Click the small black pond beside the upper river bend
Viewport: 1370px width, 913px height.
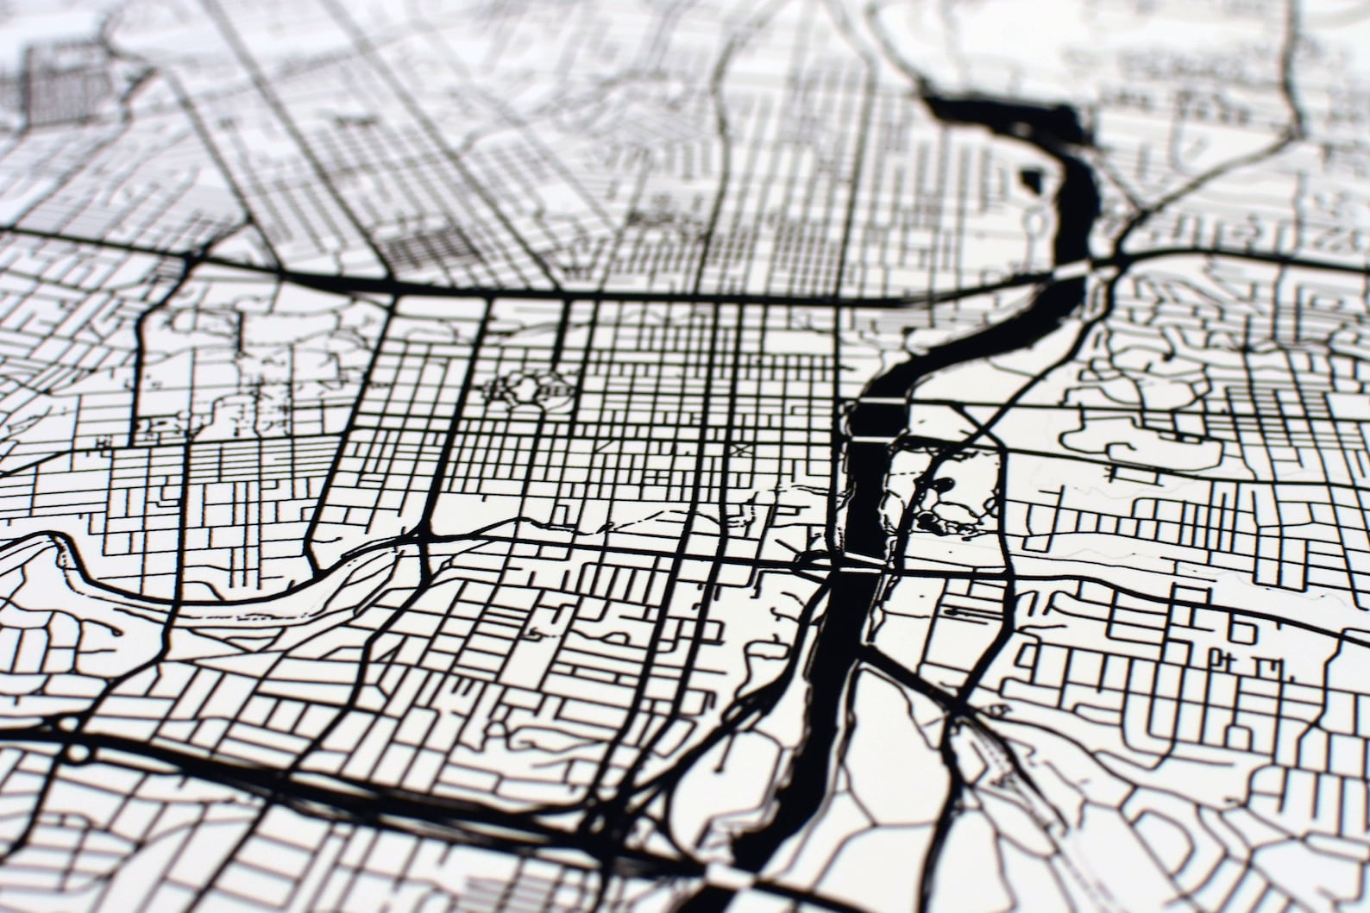(1030, 180)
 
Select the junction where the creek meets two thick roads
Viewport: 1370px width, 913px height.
(423, 539)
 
